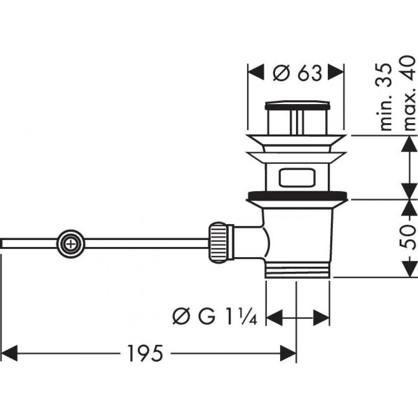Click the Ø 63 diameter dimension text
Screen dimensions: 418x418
[298, 74]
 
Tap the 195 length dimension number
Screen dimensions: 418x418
[144, 354]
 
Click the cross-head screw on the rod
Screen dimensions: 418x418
[71, 243]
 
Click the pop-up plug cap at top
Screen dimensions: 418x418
[297, 104]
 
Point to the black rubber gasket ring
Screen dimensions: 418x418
[297, 195]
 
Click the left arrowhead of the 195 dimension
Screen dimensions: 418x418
[10, 353]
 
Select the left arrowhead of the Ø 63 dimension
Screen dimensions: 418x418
[256, 73]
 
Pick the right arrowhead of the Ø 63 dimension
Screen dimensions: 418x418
[337, 73]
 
